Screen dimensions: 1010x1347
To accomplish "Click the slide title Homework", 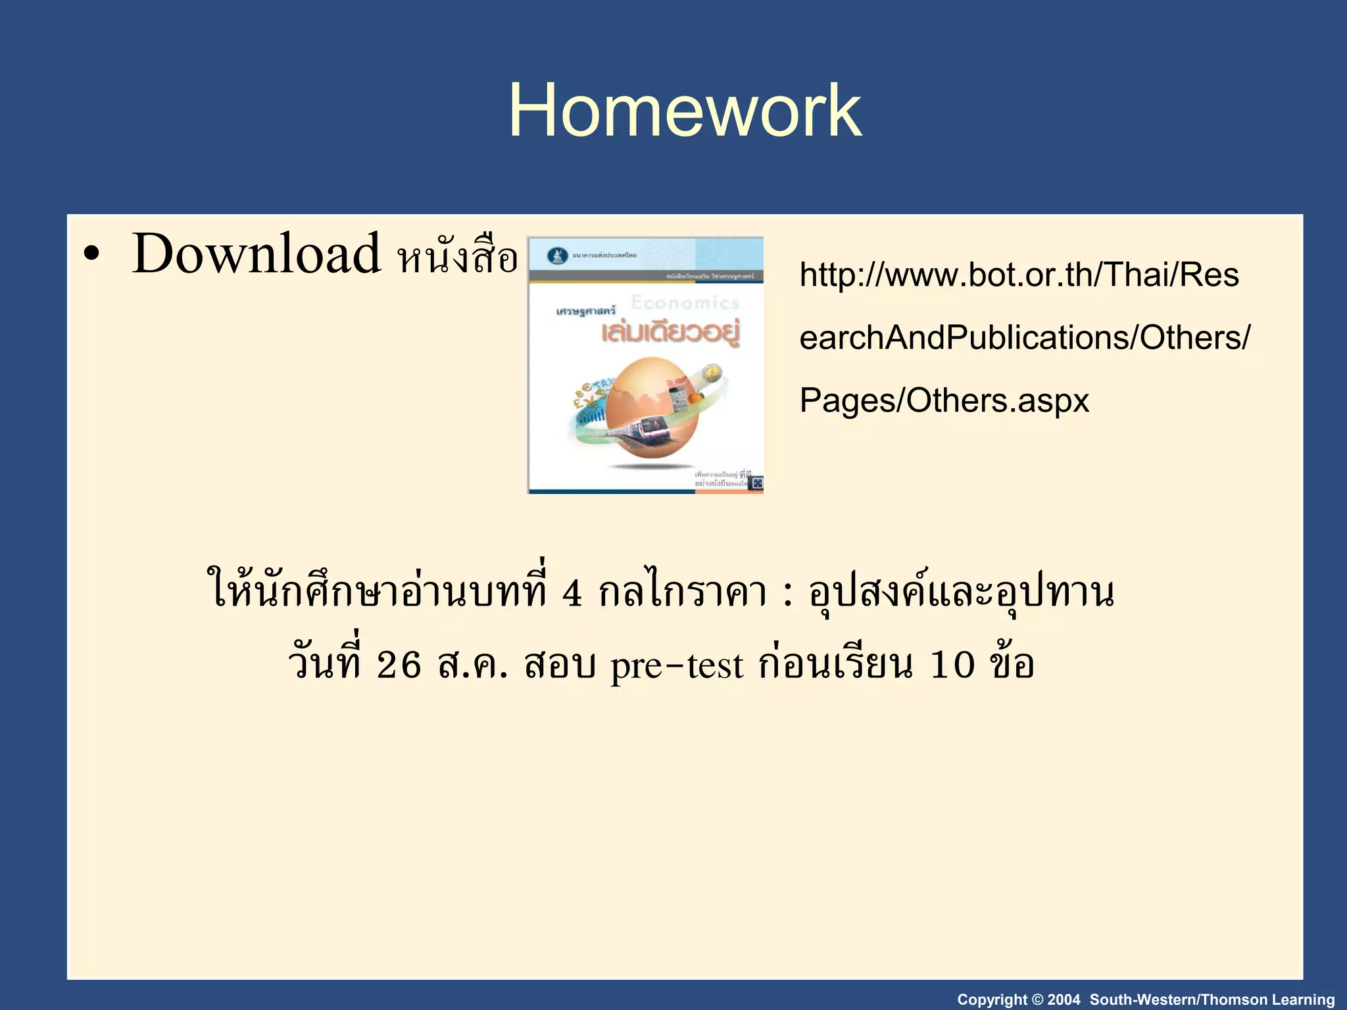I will (x=684, y=110).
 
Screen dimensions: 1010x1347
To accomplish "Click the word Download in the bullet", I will (x=256, y=254).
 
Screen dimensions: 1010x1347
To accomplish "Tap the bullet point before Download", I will (x=91, y=256).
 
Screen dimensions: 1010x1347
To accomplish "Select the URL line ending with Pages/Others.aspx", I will (x=944, y=400).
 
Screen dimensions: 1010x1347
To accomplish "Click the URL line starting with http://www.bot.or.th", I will (x=1019, y=275).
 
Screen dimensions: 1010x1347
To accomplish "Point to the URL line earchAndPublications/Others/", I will (x=1024, y=338).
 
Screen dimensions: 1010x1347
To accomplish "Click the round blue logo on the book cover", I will (x=558, y=256).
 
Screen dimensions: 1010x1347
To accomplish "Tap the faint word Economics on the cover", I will (x=685, y=302).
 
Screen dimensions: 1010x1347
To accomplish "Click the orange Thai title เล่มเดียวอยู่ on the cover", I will (x=670, y=333).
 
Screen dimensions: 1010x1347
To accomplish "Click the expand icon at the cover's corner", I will (x=756, y=483).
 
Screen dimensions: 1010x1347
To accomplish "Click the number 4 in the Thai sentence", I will (x=572, y=594).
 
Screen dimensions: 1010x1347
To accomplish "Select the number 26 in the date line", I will (x=399, y=665).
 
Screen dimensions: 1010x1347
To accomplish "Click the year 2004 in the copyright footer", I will (x=1064, y=999).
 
